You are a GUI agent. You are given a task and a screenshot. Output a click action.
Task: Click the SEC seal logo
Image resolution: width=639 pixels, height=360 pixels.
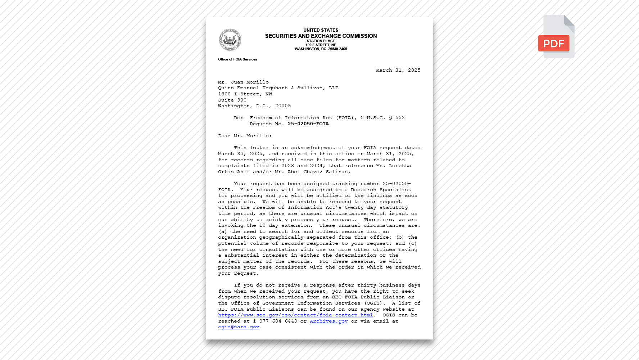[230, 40]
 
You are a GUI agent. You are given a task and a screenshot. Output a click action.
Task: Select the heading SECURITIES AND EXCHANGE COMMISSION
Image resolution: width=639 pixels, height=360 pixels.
[321, 36]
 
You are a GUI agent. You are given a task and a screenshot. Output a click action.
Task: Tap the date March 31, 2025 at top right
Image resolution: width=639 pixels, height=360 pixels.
[398, 70]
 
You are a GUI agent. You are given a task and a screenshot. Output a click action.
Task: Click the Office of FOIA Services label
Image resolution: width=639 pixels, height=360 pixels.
[237, 59]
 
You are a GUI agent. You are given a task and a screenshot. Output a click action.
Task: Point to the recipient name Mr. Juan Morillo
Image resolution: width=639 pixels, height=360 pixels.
[243, 82]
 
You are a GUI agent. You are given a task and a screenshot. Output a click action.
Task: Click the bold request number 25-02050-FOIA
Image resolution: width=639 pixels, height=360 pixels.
[308, 124]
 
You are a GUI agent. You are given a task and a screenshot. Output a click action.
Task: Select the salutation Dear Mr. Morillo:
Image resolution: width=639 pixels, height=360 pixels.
[245, 136]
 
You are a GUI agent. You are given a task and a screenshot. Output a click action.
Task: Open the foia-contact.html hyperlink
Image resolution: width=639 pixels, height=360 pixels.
[295, 315]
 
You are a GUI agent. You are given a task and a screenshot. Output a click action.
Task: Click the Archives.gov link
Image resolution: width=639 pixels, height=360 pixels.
[328, 321]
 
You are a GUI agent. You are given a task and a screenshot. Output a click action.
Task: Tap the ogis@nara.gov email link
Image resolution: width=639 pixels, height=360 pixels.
[239, 327]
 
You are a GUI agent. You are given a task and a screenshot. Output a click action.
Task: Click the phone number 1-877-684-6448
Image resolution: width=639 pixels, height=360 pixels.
[275, 321]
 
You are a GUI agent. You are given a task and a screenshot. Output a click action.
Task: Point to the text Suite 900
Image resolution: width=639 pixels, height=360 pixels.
[232, 100]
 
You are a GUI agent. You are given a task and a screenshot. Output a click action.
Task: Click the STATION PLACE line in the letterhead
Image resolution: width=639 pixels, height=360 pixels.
[321, 41]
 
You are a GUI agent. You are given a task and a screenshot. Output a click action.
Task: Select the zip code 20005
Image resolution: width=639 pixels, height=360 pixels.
[283, 106]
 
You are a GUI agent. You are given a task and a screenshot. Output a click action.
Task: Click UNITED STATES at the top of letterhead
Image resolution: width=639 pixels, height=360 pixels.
[321, 30]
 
